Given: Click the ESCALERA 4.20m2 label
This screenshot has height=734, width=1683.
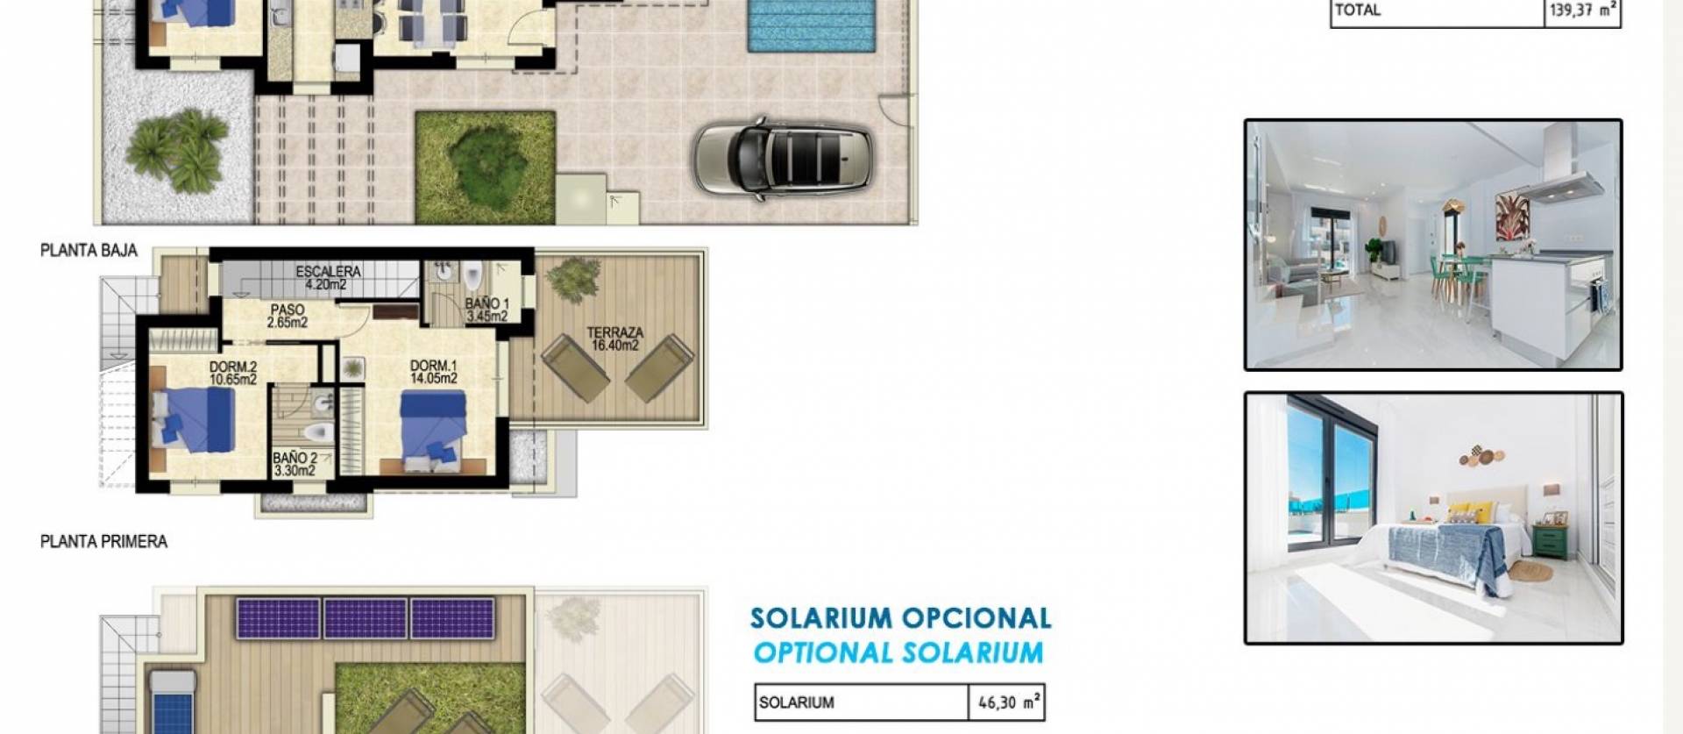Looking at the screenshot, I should point(327,278).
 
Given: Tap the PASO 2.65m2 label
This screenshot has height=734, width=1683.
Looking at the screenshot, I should point(288,316).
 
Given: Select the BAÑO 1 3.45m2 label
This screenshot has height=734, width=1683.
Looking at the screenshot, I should point(486,310).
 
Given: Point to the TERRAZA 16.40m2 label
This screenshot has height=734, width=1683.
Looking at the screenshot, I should point(614,338).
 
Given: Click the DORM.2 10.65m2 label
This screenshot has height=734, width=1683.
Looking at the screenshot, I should point(233,373).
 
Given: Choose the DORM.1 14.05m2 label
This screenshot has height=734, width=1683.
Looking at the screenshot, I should point(434,372).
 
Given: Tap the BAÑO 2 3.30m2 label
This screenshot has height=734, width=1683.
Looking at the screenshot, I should point(295,464).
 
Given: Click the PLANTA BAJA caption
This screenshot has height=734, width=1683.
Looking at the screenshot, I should point(89,251).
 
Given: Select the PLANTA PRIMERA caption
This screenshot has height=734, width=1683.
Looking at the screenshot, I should point(103,542).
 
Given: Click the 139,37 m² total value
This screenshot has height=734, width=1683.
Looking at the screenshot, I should point(1582,11).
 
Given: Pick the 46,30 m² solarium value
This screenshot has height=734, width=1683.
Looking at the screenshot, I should point(1007,702).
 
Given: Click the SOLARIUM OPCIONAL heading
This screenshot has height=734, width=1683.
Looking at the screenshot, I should point(900,619).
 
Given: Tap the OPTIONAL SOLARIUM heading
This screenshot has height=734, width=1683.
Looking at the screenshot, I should point(898,653).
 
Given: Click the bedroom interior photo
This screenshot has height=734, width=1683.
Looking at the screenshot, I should point(1433,517).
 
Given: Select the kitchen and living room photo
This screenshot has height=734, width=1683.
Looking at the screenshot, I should point(1433,245).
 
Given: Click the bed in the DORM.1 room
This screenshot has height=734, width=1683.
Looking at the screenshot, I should point(434,424).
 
